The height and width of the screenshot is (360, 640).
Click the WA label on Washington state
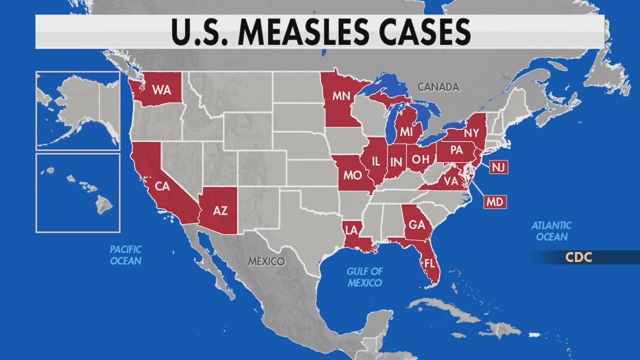pyautogui.click(x=161, y=90)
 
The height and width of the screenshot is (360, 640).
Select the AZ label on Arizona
pyautogui.click(x=220, y=210)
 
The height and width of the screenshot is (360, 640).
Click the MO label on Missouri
pyautogui.click(x=353, y=176)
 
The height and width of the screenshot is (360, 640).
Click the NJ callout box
pyautogui.click(x=498, y=167)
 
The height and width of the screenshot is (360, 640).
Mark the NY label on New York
pyautogui.click(x=470, y=133)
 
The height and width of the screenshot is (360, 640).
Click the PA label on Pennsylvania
pyautogui.click(x=456, y=150)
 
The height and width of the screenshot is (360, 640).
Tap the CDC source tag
pyautogui.click(x=578, y=257)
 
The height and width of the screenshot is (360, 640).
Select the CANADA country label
pyautogui.click(x=438, y=87)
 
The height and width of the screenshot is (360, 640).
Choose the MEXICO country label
pyautogui.click(x=267, y=261)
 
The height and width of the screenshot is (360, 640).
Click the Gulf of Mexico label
pyautogui.click(x=365, y=277)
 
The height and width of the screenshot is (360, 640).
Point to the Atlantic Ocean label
pyautogui.click(x=551, y=231)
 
